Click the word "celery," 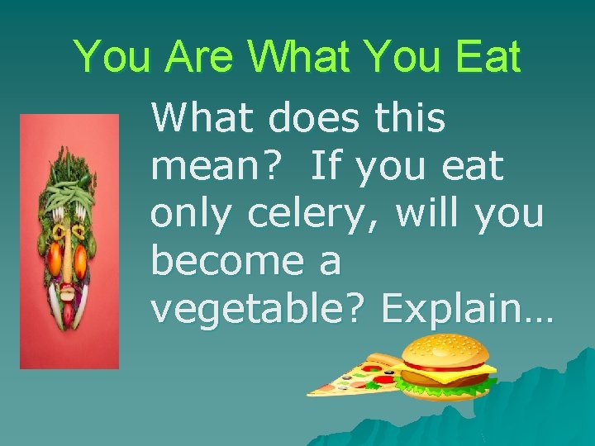pos(315,216)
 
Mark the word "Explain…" pos(468,310)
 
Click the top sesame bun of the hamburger pos(445,351)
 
